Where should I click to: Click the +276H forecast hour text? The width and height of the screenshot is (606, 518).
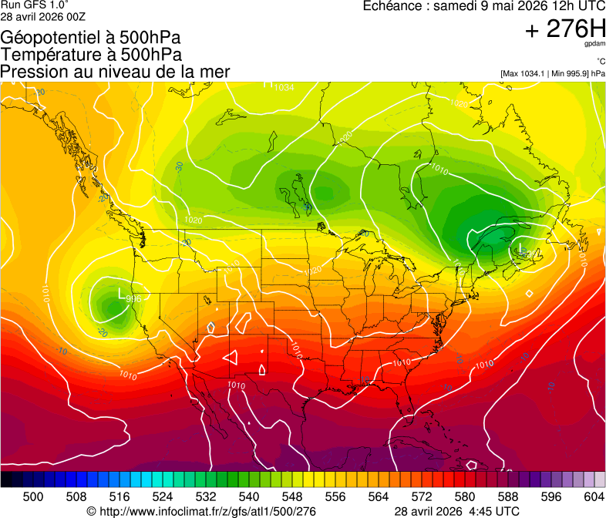coord(564,29)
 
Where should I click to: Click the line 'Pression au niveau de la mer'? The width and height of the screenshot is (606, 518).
coord(115,72)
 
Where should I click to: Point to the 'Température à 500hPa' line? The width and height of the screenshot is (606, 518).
coord(91,54)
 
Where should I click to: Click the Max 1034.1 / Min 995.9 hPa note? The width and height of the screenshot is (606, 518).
coord(552,73)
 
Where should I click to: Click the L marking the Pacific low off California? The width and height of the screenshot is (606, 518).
coord(121,294)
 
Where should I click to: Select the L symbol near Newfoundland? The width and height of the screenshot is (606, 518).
coord(521,248)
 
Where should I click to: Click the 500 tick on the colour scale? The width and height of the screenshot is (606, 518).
coord(33,496)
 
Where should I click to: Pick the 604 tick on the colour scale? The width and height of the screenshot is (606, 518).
coord(593,496)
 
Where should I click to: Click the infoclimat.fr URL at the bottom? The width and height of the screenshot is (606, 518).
coord(200,511)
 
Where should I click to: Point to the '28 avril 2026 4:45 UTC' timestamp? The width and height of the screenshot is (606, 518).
coord(456,511)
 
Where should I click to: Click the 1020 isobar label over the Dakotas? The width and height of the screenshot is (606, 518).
coord(312,271)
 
